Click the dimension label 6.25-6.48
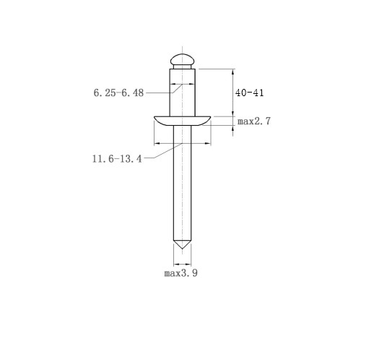(118, 93)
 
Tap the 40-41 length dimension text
(249, 93)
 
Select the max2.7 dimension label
(254, 121)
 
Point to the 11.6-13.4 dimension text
(117, 159)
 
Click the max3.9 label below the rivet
(181, 273)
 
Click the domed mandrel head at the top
(182, 59)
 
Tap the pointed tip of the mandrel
(182, 249)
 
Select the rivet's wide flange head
(182, 121)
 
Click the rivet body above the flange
(182, 93)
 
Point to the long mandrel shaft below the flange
(182, 183)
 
